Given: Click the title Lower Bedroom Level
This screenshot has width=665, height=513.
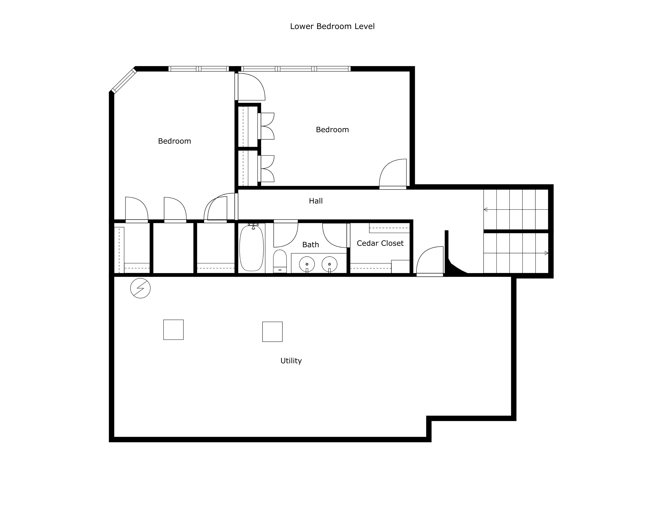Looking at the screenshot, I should point(332,26).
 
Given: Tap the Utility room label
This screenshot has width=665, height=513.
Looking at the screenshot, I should point(291,361).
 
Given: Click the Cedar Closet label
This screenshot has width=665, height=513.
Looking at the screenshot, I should point(380,243).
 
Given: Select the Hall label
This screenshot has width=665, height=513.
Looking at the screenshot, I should point(316,201).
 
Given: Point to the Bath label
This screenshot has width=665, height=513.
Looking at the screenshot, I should point(310,245).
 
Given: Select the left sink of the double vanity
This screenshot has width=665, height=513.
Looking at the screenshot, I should point(307,264).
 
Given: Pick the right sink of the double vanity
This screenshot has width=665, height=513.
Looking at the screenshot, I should point(329,264).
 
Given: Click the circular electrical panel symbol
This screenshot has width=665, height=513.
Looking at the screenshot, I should point(140,288).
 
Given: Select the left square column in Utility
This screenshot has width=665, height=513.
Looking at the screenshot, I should point(173,330).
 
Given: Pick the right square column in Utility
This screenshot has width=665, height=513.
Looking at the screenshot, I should point(272,332).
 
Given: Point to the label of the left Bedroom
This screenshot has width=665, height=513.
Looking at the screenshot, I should point(174,141).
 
